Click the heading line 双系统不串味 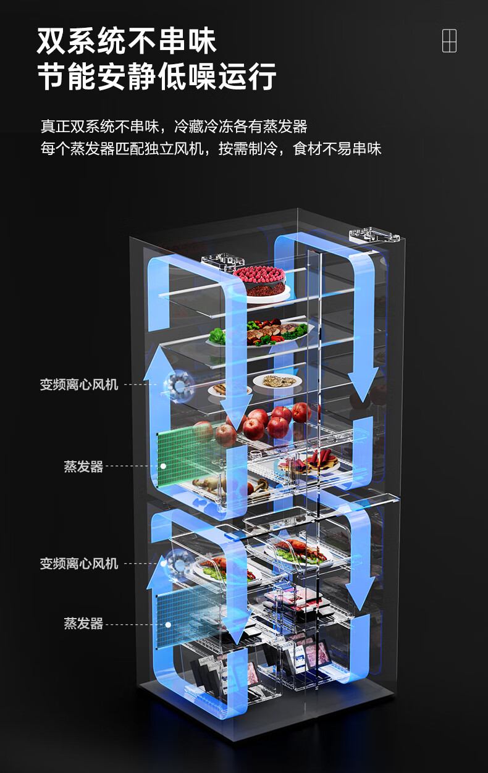(127, 41)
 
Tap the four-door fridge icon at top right (449, 41)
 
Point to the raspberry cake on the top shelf (259, 280)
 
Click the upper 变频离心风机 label (79, 385)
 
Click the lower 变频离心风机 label (79, 563)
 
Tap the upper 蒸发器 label (83, 467)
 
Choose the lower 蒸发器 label (83, 624)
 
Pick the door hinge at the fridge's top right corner (374, 235)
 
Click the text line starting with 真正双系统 (174, 127)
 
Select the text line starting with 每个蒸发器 (211, 149)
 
